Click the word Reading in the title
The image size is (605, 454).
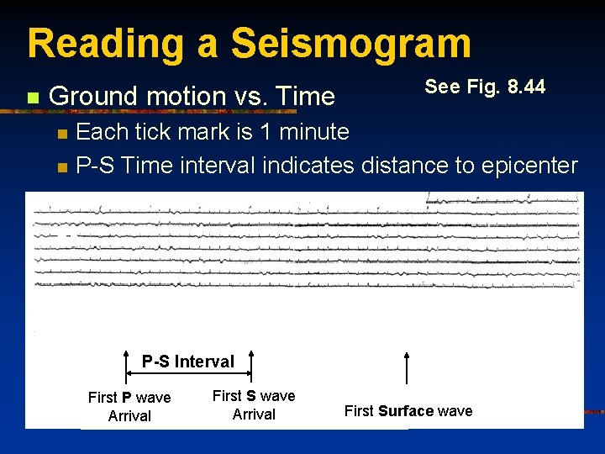tap(105, 44)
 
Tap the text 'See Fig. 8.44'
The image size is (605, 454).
tap(485, 87)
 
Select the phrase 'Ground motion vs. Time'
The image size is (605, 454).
tap(192, 97)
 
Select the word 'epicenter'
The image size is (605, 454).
tap(529, 165)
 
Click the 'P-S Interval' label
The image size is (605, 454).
tap(187, 362)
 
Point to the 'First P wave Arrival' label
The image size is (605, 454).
tap(129, 406)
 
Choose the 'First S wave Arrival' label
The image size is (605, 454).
tap(254, 404)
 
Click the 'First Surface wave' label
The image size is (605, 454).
tap(408, 411)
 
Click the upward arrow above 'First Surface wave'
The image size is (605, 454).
tap(408, 368)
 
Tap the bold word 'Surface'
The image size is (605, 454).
tap(406, 411)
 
